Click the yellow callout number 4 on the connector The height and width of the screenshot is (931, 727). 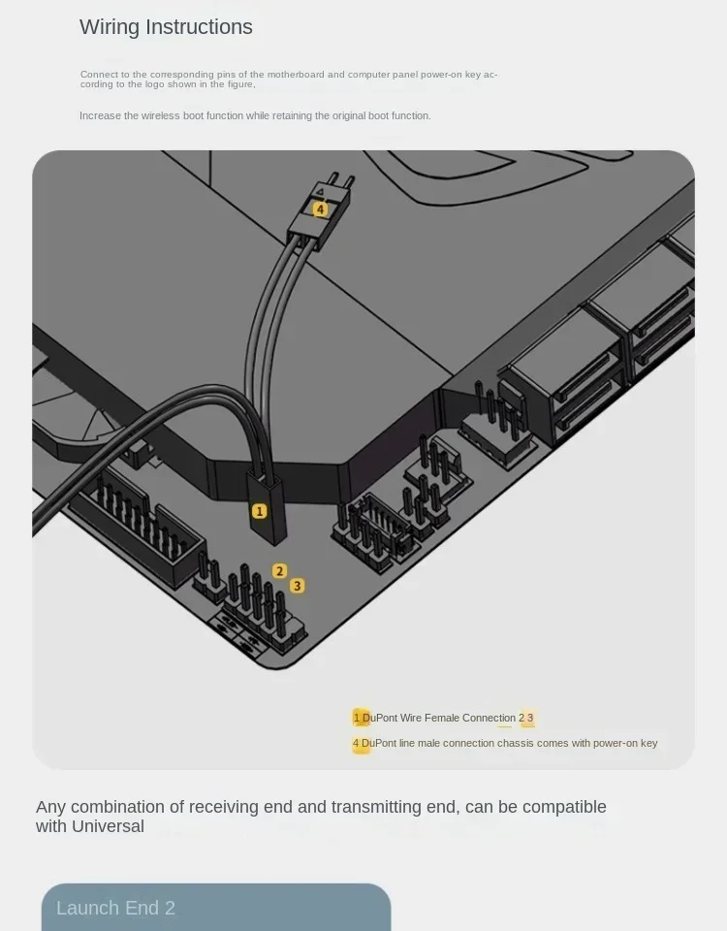coord(320,209)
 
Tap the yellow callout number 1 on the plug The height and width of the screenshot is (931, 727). coord(260,511)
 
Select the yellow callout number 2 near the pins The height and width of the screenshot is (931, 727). coord(279,571)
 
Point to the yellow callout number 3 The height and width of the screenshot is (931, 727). coord(298,586)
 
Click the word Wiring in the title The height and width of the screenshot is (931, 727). coord(110,27)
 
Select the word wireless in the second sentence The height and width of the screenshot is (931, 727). coord(160,115)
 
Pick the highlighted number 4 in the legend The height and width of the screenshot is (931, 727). coord(356,744)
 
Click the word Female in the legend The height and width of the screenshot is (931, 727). coord(442,718)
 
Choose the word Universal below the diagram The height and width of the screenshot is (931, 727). coord(108,826)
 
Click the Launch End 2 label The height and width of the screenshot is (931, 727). coord(115,908)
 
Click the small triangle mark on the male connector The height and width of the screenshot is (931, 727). coord(320,191)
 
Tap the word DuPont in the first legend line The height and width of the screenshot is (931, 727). coord(380,718)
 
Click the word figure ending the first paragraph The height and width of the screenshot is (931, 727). coord(241,84)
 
